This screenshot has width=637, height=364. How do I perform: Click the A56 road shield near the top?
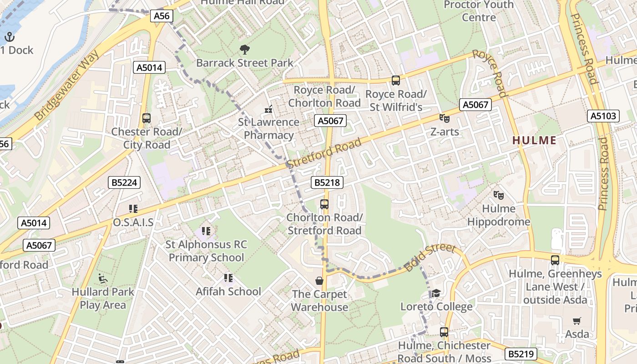click(162, 16)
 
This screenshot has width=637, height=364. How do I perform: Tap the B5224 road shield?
click(125, 183)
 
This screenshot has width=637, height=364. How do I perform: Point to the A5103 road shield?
click(603, 116)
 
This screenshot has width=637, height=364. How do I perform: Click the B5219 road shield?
click(521, 354)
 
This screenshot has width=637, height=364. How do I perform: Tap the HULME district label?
click(535, 140)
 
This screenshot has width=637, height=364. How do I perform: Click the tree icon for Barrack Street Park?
click(244, 49)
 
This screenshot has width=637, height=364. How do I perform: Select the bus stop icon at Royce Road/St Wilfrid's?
click(396, 81)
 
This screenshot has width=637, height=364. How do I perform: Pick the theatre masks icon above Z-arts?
click(445, 118)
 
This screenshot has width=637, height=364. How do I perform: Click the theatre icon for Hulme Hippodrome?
click(499, 195)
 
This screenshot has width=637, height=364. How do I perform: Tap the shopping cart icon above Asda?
click(577, 321)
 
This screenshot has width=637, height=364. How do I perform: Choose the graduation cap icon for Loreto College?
click(436, 293)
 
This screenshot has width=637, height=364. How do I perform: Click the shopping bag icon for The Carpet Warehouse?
click(319, 281)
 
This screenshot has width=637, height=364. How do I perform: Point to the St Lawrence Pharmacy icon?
click(268, 109)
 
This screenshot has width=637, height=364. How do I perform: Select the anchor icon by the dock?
click(9, 36)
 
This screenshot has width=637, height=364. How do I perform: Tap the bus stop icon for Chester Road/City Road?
click(147, 118)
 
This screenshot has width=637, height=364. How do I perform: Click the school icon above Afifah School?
click(228, 278)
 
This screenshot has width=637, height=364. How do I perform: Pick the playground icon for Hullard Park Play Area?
click(103, 278)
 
